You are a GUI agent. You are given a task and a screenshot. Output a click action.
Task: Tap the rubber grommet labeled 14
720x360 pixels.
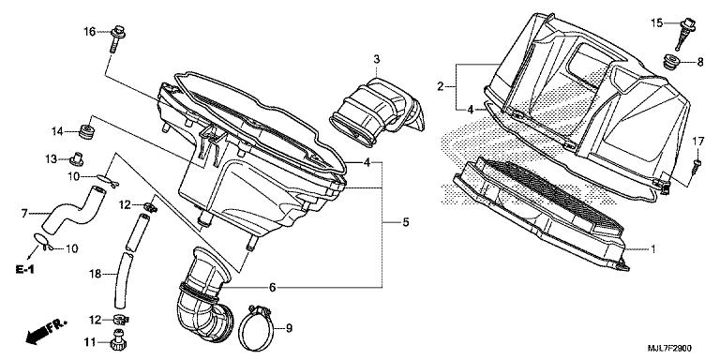click(x=86, y=131)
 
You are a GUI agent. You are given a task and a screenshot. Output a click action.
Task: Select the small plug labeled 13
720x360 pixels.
click(x=76, y=158)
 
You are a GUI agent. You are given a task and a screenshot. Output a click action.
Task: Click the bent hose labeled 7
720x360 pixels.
click(x=74, y=209)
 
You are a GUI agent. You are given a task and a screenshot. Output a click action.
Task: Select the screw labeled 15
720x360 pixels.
click(x=685, y=33)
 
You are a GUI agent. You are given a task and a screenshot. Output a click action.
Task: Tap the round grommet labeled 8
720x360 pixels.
click(x=674, y=61)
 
